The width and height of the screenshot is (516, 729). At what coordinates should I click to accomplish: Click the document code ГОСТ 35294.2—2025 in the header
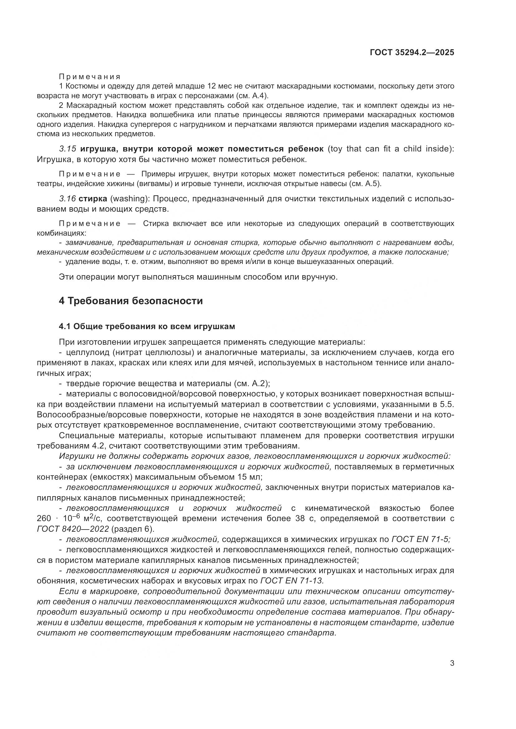412,53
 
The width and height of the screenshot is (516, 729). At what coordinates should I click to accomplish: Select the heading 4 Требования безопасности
131,301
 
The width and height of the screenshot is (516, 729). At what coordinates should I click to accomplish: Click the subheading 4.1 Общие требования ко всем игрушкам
147,326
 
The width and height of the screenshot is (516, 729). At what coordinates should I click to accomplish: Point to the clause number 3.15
67,149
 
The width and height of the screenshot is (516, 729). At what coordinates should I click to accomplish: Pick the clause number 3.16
67,199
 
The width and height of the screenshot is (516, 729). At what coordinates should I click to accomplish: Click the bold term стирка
93,199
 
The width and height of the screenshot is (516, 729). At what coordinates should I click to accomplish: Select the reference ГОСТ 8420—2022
73,529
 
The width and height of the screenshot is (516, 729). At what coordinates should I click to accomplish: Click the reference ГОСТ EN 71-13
292,581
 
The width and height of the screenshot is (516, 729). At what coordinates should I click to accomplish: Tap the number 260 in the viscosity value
44,519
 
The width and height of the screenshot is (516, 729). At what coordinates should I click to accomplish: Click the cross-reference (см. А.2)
252,384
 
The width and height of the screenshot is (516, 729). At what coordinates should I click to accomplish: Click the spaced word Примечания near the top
90,77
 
